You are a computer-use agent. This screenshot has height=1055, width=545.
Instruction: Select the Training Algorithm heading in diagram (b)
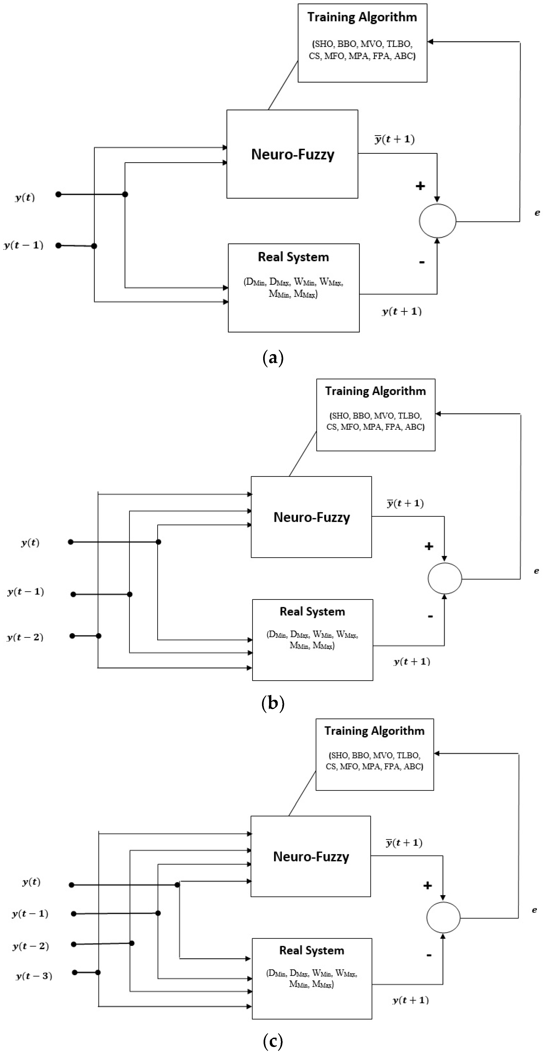pyautogui.click(x=375, y=391)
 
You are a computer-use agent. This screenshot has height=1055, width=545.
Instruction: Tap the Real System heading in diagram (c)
pyautogui.click(x=312, y=950)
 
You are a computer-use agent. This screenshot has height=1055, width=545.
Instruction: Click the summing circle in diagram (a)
pyautogui.click(x=437, y=221)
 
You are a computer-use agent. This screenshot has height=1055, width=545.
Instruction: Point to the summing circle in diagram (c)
pyautogui.click(x=443, y=918)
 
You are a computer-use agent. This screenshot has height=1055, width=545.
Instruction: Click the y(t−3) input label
pyautogui.click(x=34, y=976)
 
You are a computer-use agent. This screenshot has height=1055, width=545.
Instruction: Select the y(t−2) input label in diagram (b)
pyautogui.click(x=25, y=637)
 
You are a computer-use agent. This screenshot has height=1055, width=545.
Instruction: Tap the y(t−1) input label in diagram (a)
pyautogui.click(x=23, y=245)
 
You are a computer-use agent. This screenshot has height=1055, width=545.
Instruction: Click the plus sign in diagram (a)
pyautogui.click(x=420, y=186)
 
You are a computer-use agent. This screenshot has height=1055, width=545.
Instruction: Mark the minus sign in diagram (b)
pyautogui.click(x=430, y=616)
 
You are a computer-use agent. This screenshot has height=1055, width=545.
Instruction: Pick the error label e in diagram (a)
pyautogui.click(x=537, y=213)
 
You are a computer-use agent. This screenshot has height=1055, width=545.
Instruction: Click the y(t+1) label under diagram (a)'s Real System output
pyautogui.click(x=402, y=311)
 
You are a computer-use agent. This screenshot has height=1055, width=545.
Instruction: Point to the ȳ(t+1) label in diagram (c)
pyautogui.click(x=404, y=842)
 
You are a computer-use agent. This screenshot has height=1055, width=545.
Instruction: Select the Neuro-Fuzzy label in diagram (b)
pyautogui.click(x=312, y=517)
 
